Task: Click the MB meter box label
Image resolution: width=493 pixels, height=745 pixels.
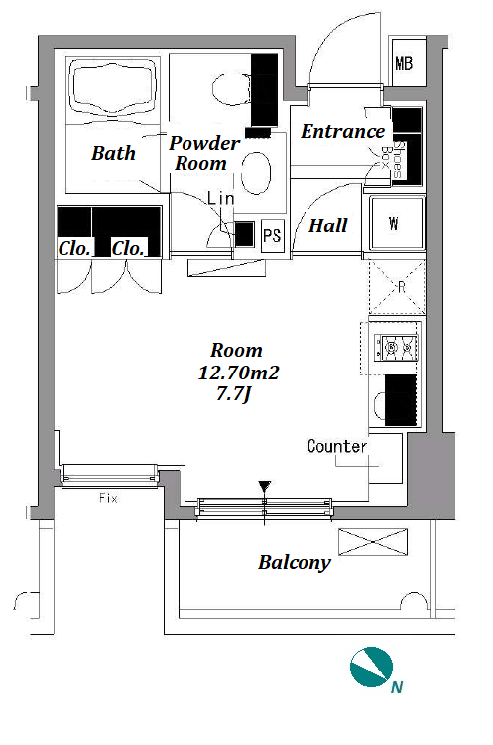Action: (404, 63)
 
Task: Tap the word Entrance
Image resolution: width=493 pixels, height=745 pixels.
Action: (342, 131)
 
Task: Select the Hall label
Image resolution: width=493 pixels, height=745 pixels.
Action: (328, 225)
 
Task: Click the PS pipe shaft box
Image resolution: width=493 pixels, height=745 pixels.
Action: (273, 235)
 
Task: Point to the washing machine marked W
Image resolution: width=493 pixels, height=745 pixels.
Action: (397, 223)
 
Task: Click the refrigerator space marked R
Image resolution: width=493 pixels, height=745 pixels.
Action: (397, 287)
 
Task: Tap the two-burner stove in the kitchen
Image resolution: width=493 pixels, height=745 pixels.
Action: (396, 349)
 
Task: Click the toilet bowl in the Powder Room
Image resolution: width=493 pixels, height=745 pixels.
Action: (231, 90)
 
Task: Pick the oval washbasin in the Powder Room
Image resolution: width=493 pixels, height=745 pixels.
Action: (256, 173)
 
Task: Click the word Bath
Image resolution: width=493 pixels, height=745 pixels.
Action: (113, 153)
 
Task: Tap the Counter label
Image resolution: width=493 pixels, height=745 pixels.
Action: (337, 446)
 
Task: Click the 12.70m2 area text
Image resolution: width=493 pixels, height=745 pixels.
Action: (238, 372)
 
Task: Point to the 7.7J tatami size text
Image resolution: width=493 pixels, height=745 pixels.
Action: (233, 394)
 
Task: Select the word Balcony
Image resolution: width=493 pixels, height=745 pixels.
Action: (295, 563)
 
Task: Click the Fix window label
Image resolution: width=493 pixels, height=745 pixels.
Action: (108, 498)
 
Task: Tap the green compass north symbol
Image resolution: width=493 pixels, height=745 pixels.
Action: (372, 668)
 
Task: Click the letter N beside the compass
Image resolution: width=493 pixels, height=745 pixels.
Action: (397, 687)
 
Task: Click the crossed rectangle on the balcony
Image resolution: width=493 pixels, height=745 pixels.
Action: (373, 542)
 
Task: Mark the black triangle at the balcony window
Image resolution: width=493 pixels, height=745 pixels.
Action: (264, 486)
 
